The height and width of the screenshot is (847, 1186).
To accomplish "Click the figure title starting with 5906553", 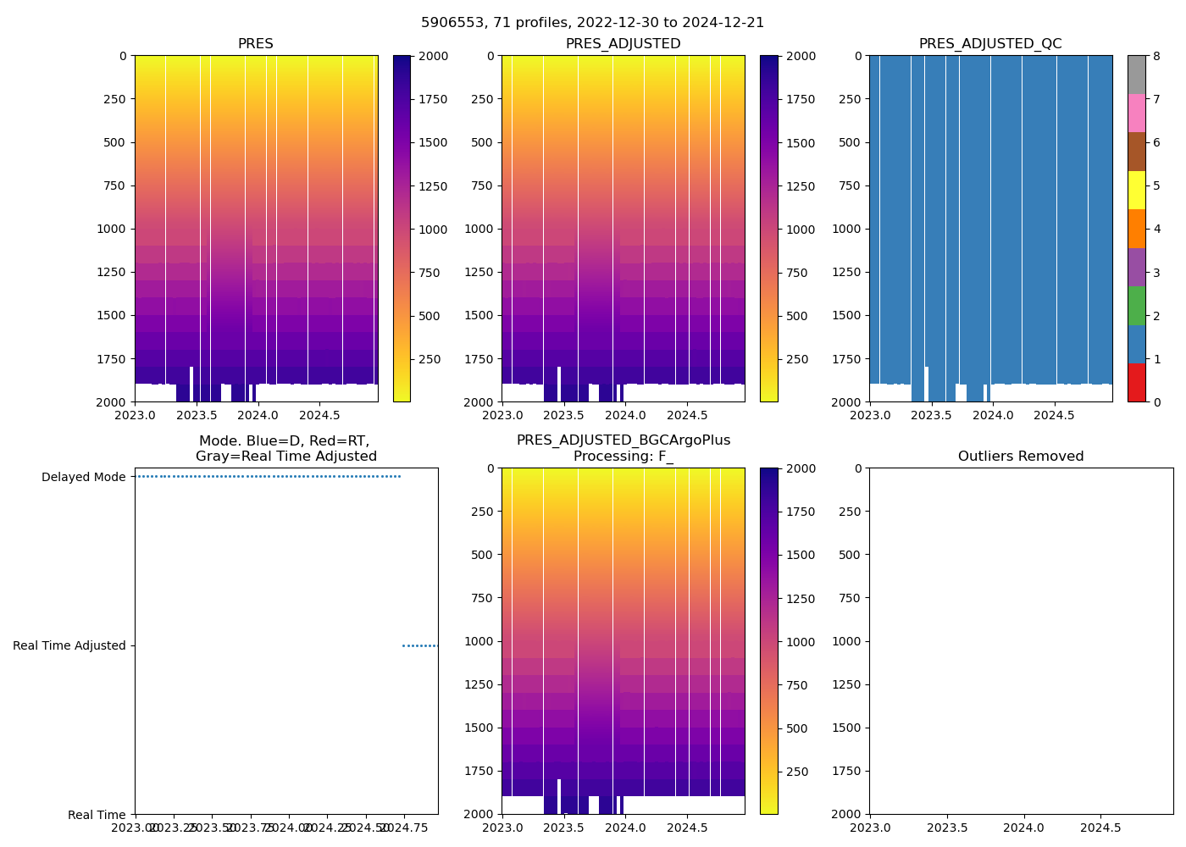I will (x=592, y=23).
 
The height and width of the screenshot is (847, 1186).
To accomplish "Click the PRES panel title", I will (x=255, y=44).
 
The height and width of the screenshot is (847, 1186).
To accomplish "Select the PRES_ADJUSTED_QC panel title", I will (x=990, y=44).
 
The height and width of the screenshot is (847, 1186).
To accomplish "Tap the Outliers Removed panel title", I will (x=1021, y=457).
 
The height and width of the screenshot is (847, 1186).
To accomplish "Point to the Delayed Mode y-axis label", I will (x=83, y=477).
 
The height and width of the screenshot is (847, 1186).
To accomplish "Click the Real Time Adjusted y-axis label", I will (x=69, y=645).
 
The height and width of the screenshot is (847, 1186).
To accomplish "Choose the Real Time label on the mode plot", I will (x=97, y=815).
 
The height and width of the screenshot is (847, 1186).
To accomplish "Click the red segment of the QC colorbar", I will (x=1136, y=383).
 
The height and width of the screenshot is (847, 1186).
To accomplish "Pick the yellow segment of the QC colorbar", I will (x=1136, y=190).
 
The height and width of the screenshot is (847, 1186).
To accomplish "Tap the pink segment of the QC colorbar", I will (x=1136, y=113).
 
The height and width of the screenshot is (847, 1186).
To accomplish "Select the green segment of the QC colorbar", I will (x=1136, y=305).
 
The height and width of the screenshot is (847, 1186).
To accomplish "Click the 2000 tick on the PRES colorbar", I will (x=434, y=57).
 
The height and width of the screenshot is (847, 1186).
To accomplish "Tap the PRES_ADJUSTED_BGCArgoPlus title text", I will (x=623, y=440).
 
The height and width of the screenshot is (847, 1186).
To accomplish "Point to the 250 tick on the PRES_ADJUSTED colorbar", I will (x=796, y=359).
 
